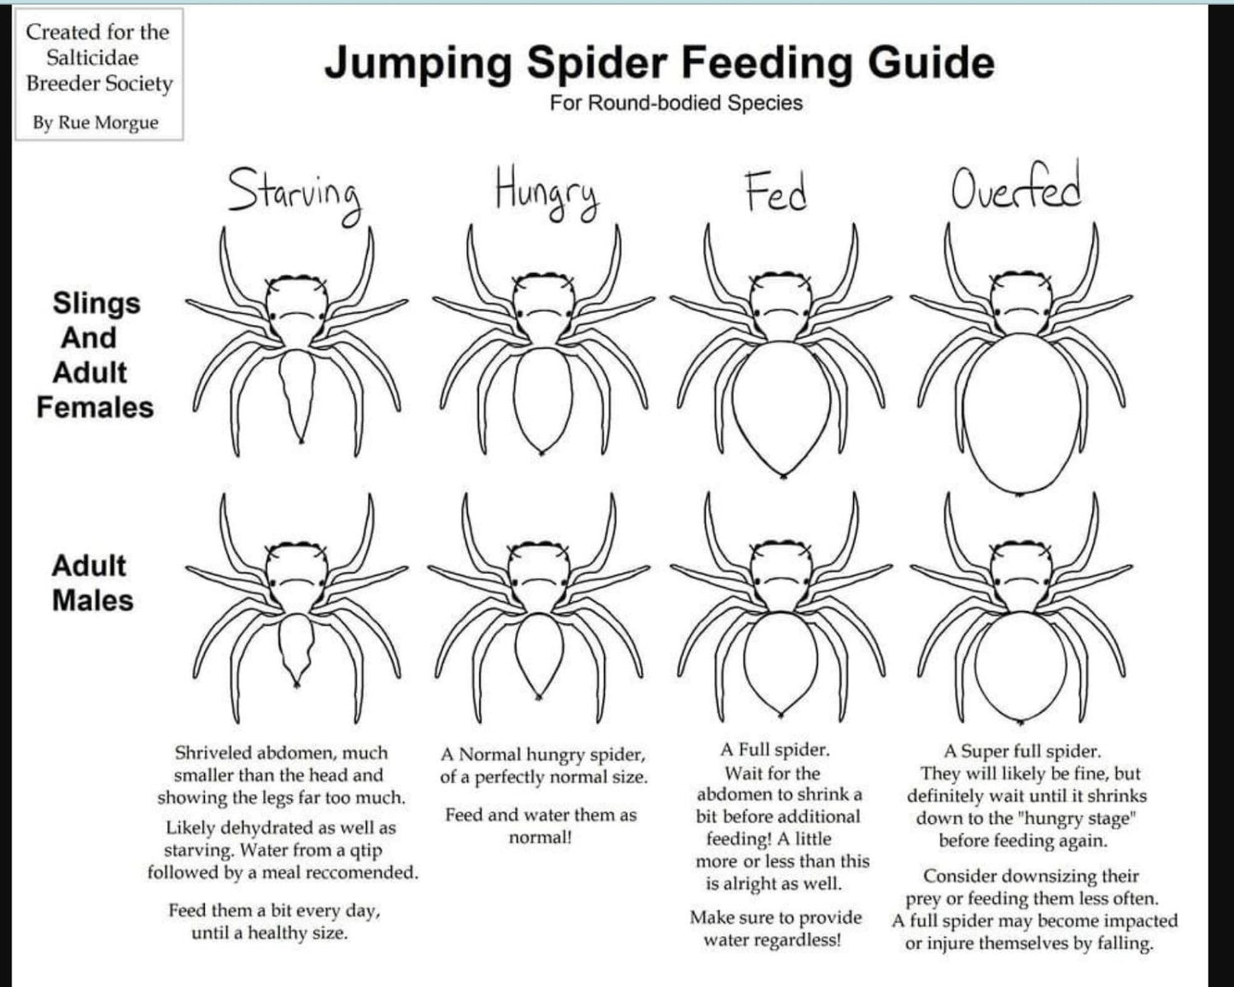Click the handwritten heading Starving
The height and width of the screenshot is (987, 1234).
tap(295, 195)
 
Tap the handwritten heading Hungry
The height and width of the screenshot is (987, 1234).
tap(547, 193)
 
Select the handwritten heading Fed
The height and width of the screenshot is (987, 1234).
tap(776, 192)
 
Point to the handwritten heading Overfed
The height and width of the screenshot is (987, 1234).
tap(1016, 184)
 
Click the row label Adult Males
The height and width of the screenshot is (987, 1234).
tap(92, 583)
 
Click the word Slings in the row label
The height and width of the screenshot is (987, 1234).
tap(96, 304)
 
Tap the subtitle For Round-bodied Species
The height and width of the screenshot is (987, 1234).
tap(676, 103)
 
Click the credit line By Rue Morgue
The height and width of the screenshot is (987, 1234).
tap(95, 123)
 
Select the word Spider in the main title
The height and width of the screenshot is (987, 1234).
tap(596, 64)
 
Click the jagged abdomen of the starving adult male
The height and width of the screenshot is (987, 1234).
tap(296, 648)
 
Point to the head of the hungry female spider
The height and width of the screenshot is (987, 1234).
tap(543, 310)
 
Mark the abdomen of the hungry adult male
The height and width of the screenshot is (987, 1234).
tap(539, 654)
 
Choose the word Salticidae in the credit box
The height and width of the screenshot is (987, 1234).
tap(92, 58)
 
